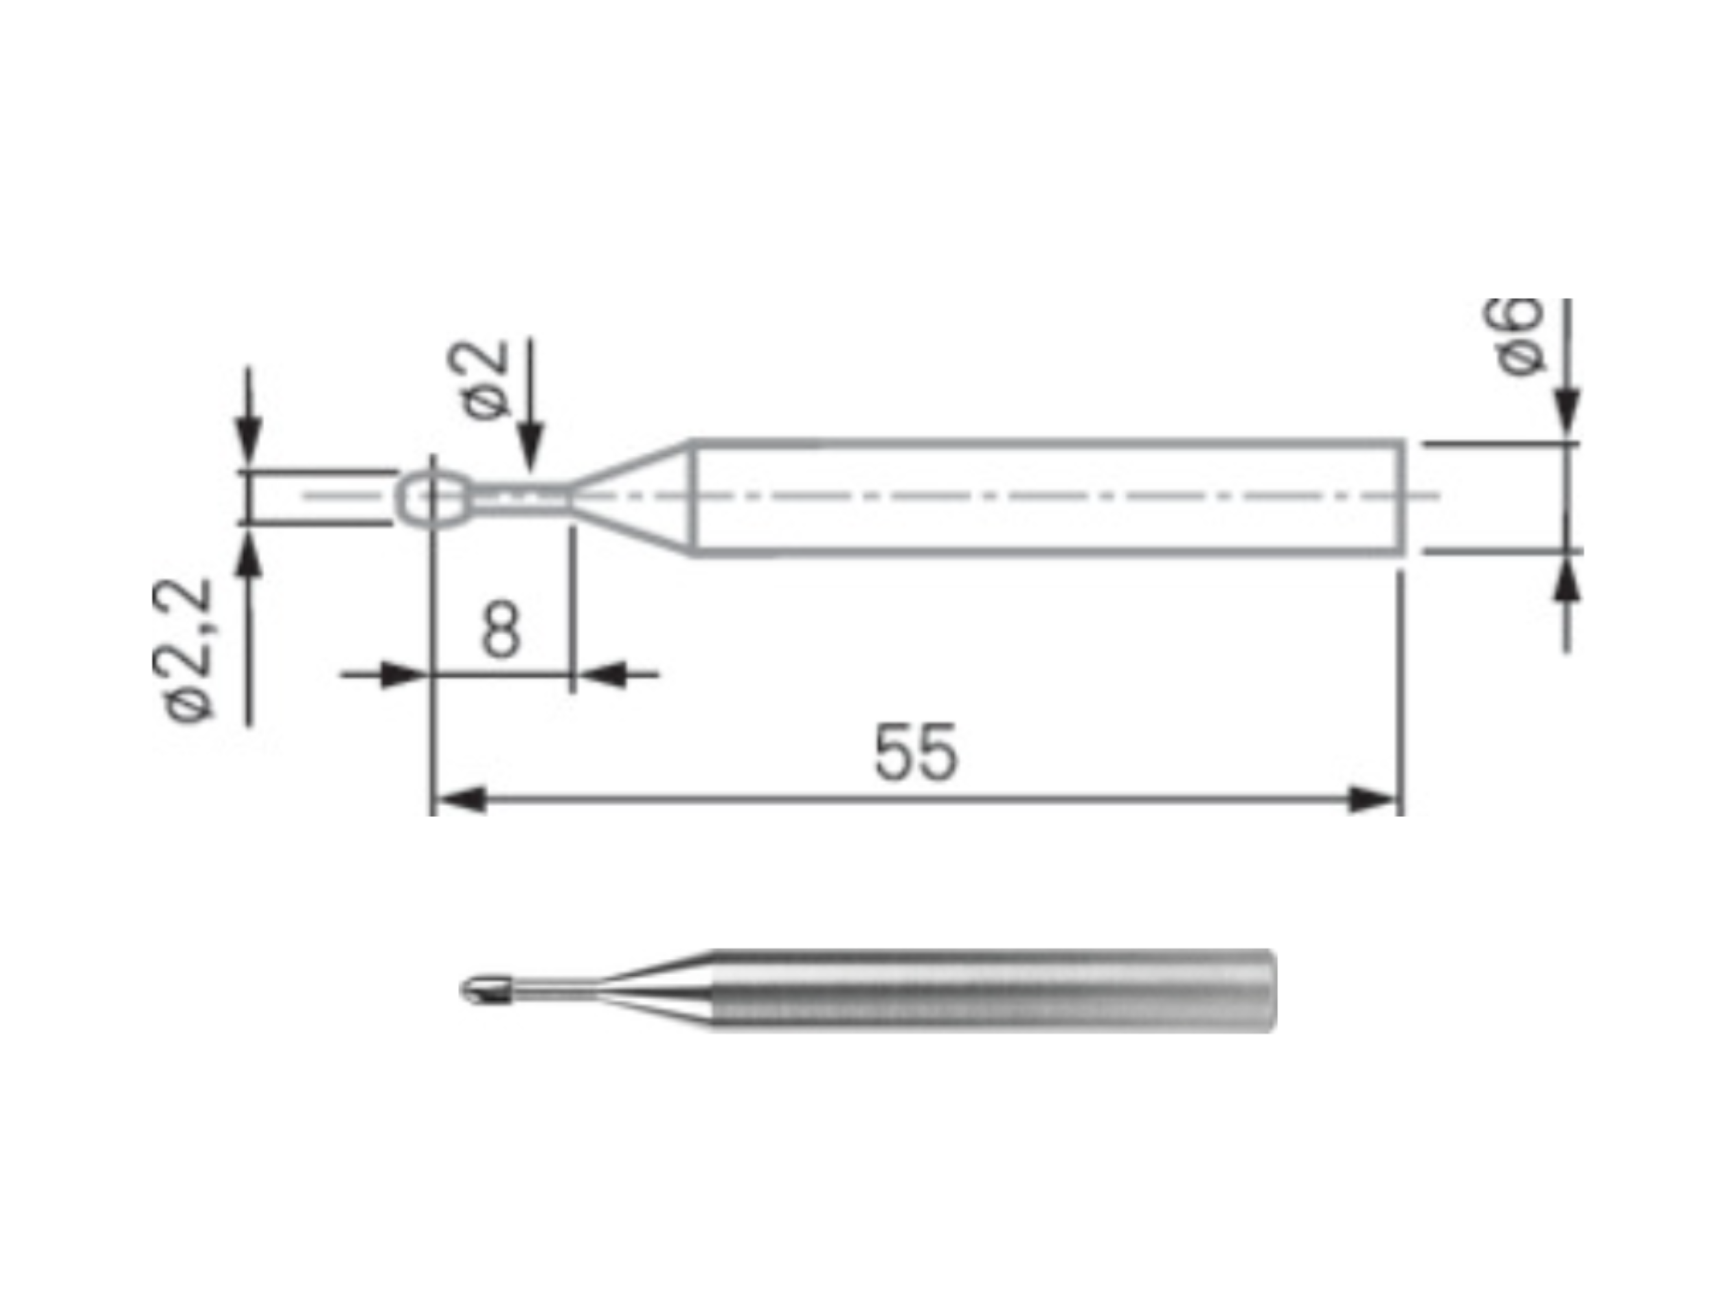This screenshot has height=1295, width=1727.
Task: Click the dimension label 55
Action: [x=915, y=752]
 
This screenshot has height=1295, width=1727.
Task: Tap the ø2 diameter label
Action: [x=479, y=380]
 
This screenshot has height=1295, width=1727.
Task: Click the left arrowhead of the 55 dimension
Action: [x=460, y=801]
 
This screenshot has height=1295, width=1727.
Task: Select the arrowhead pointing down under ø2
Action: [x=531, y=447]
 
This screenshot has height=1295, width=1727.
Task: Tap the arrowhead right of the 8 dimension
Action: [x=604, y=675]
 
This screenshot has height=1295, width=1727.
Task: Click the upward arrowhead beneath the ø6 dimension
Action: [x=1566, y=584]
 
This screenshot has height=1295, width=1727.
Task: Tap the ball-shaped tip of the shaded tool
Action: [x=486, y=990]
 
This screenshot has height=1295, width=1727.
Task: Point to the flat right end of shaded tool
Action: [x=1272, y=990]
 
